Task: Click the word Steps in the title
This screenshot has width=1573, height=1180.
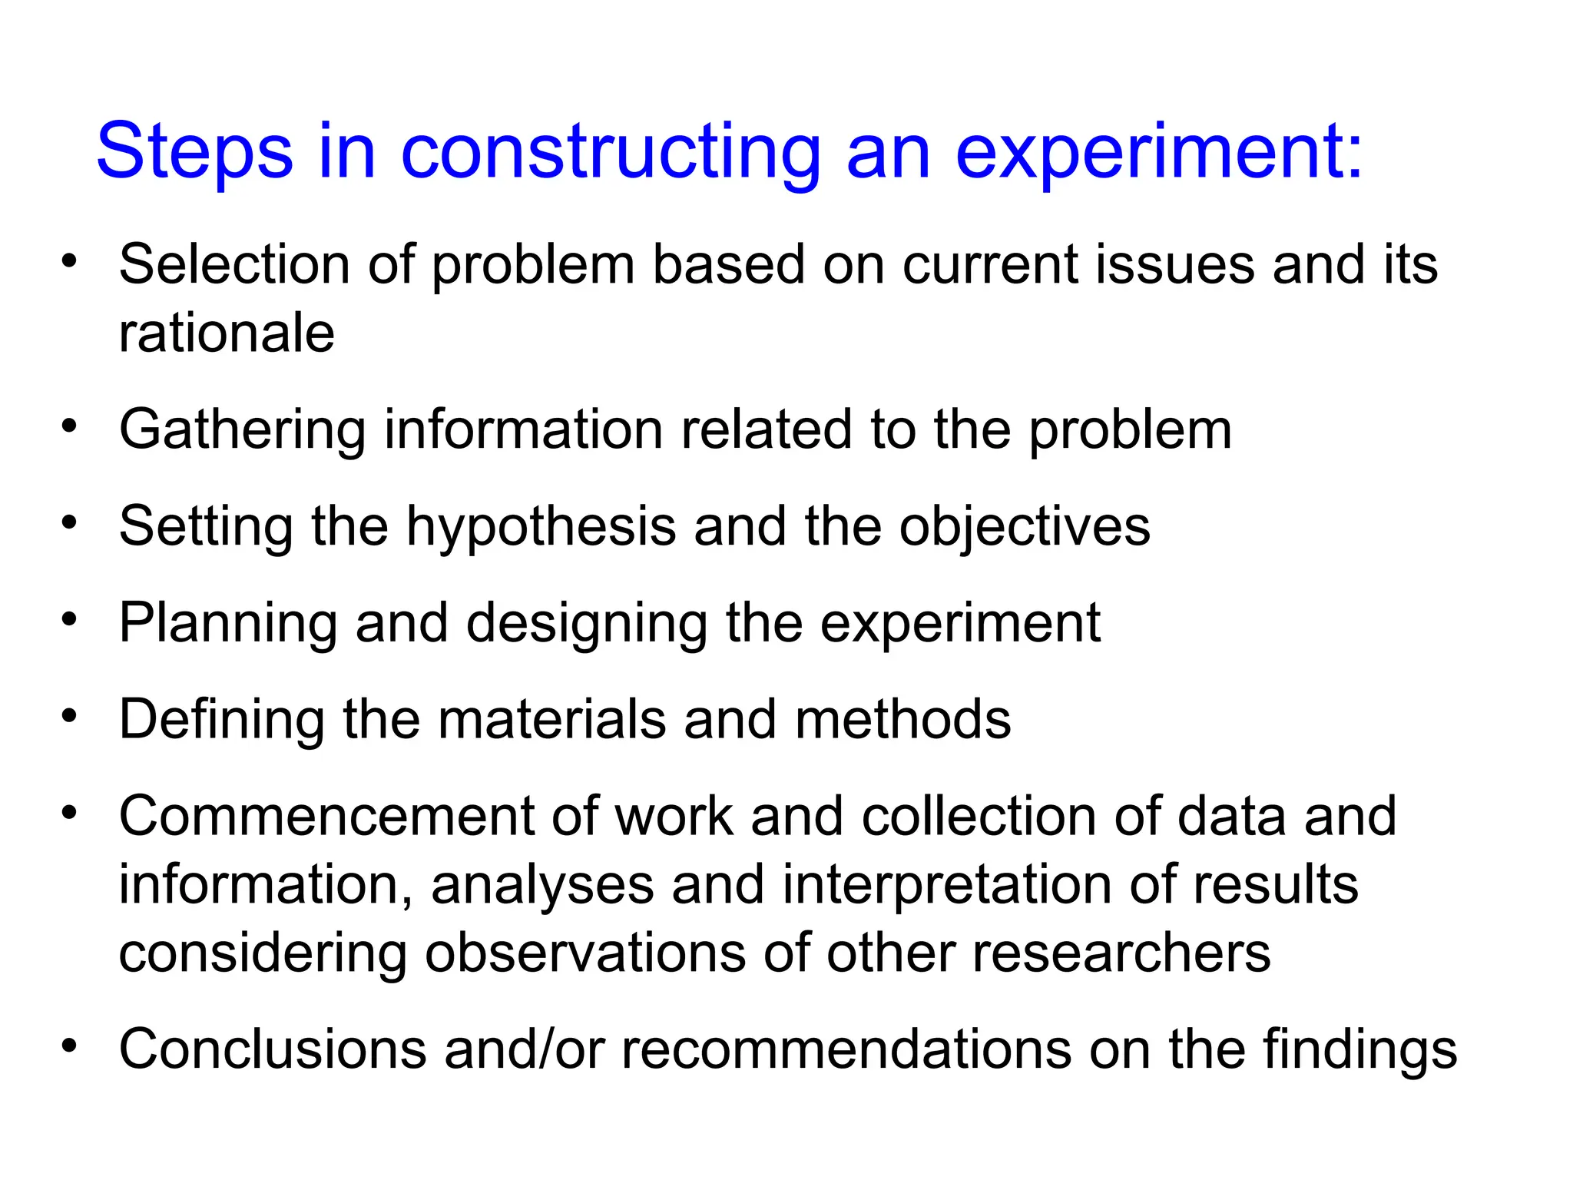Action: pyautogui.click(x=194, y=151)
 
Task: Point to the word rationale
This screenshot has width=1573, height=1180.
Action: pyautogui.click(x=227, y=333)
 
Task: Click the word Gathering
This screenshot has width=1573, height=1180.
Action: pyautogui.click(x=242, y=429)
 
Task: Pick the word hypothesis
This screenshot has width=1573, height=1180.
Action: pyautogui.click(x=541, y=527)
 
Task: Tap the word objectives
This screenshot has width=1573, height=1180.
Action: pyautogui.click(x=1025, y=527)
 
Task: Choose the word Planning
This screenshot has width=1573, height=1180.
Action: pyautogui.click(x=227, y=623)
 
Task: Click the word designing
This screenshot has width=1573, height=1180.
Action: pyautogui.click(x=587, y=623)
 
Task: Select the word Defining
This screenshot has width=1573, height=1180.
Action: pyautogui.click(x=221, y=719)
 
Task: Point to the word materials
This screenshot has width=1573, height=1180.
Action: pyautogui.click(x=551, y=719)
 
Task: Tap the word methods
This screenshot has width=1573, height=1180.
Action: pyautogui.click(x=902, y=719)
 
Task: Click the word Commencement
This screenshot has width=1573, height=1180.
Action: pyautogui.click(x=326, y=816)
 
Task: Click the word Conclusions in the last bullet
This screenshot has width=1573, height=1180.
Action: pyautogui.click(x=272, y=1049)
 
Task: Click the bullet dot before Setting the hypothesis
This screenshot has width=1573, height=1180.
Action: pyautogui.click(x=70, y=522)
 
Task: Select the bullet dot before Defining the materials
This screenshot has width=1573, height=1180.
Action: pyautogui.click(x=70, y=715)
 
